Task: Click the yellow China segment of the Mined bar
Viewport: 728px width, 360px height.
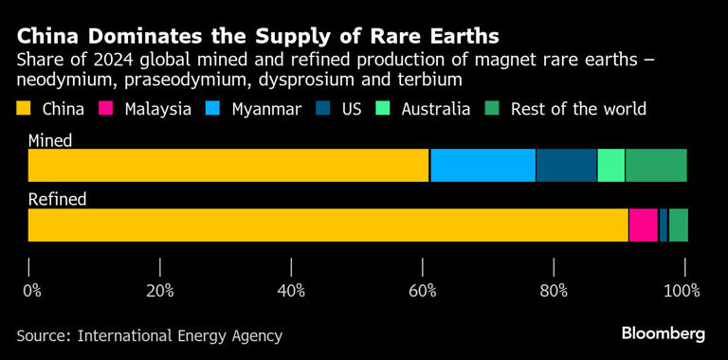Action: (x=228, y=165)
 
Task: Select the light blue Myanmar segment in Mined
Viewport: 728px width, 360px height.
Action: (x=483, y=165)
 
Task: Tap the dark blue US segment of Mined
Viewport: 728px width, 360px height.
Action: (x=567, y=165)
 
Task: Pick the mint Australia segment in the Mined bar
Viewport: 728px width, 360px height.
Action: (x=611, y=165)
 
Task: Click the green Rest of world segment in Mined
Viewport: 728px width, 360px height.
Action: (x=656, y=165)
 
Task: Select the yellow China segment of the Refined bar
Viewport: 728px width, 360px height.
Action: (x=328, y=225)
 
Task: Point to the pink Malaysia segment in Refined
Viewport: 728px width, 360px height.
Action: (x=644, y=225)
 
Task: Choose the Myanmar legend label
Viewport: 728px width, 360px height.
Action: (x=266, y=109)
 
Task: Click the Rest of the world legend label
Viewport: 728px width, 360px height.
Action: (x=578, y=109)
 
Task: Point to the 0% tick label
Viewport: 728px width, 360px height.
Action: (x=32, y=290)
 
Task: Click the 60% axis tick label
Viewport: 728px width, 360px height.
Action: (x=423, y=290)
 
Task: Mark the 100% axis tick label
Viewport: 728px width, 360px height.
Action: (x=682, y=290)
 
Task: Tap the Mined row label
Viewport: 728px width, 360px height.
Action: (x=50, y=140)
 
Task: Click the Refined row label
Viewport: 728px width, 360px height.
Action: (x=57, y=199)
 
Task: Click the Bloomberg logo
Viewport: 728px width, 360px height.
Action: (x=664, y=333)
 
